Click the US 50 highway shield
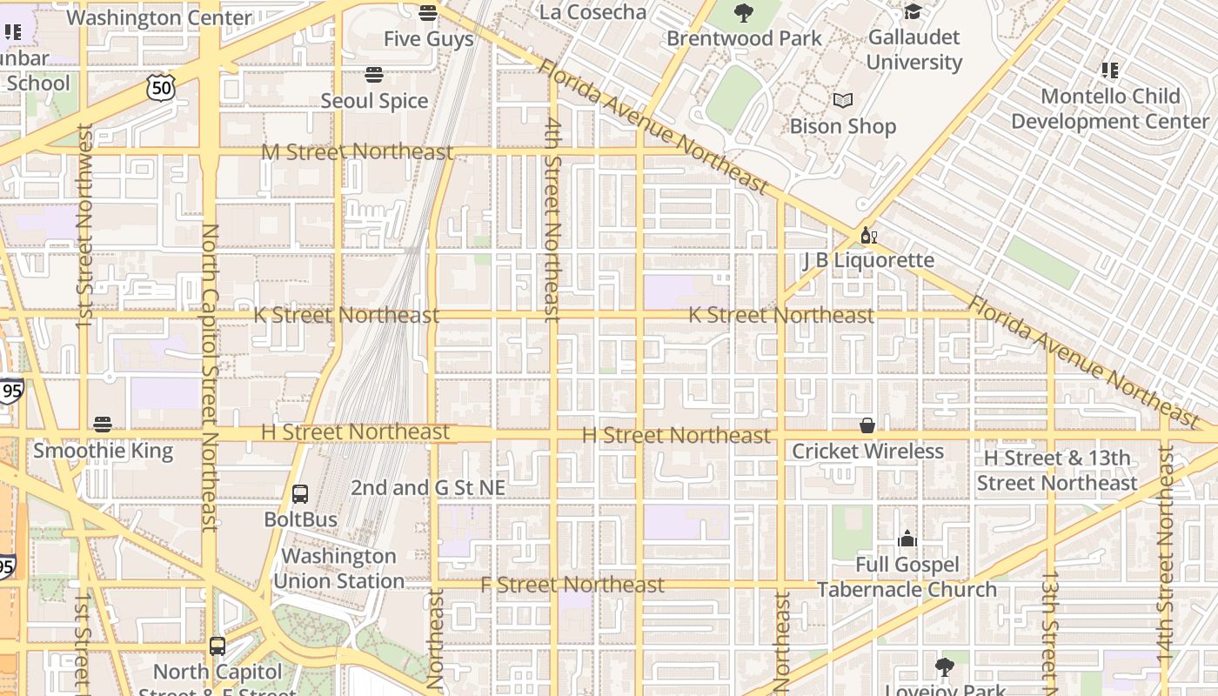[x=162, y=87]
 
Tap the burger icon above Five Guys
[x=427, y=13]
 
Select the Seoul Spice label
[x=374, y=101]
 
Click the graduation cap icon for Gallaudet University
[x=913, y=11]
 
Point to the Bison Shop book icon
[x=842, y=101]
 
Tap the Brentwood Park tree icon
[x=744, y=13]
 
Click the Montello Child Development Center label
[x=1110, y=109]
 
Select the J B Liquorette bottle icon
[x=867, y=235]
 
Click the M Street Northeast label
[x=358, y=152]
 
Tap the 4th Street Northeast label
[x=552, y=219]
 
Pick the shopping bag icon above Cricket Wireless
[x=867, y=425]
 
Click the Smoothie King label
[x=103, y=451]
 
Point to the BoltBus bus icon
[x=300, y=494]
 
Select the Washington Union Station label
[x=338, y=568]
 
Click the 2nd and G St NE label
[x=427, y=488]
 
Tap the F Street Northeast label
[x=572, y=585]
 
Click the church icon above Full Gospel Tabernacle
[x=907, y=539]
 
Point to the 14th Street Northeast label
[x=1166, y=557]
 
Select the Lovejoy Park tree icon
[x=944, y=668]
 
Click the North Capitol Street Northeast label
[x=210, y=377]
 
